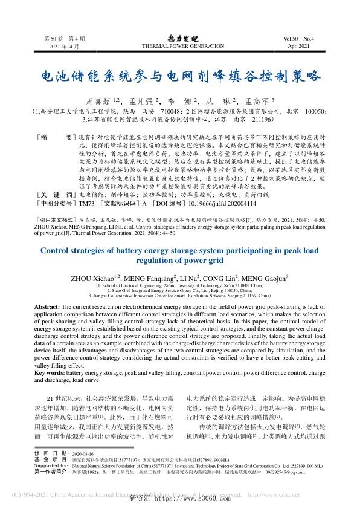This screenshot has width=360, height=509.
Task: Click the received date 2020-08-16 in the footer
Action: pos(83,469)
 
